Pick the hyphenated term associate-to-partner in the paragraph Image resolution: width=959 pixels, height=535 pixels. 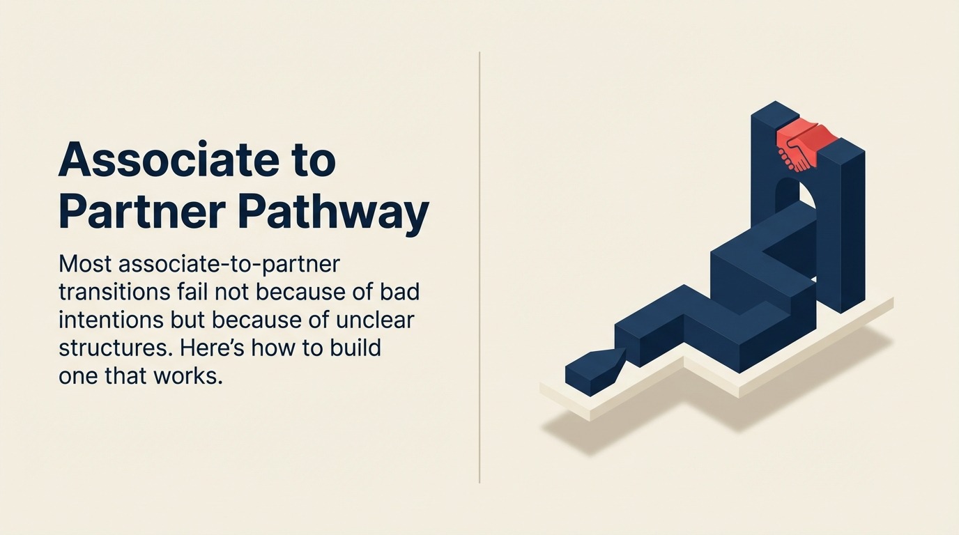point(229,265)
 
